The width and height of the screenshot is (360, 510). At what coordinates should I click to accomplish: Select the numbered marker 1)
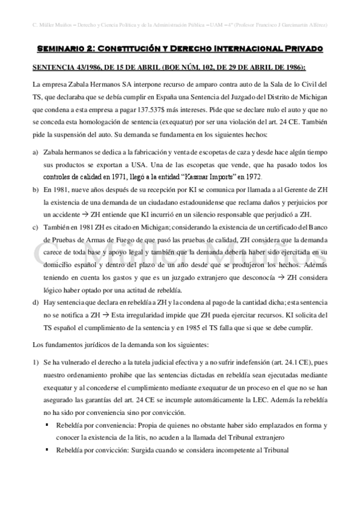[35, 363]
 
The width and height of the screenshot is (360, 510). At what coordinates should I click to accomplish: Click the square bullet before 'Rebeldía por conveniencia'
[47, 425]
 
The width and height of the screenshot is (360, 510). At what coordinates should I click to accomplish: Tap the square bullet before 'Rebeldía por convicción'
[47, 450]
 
